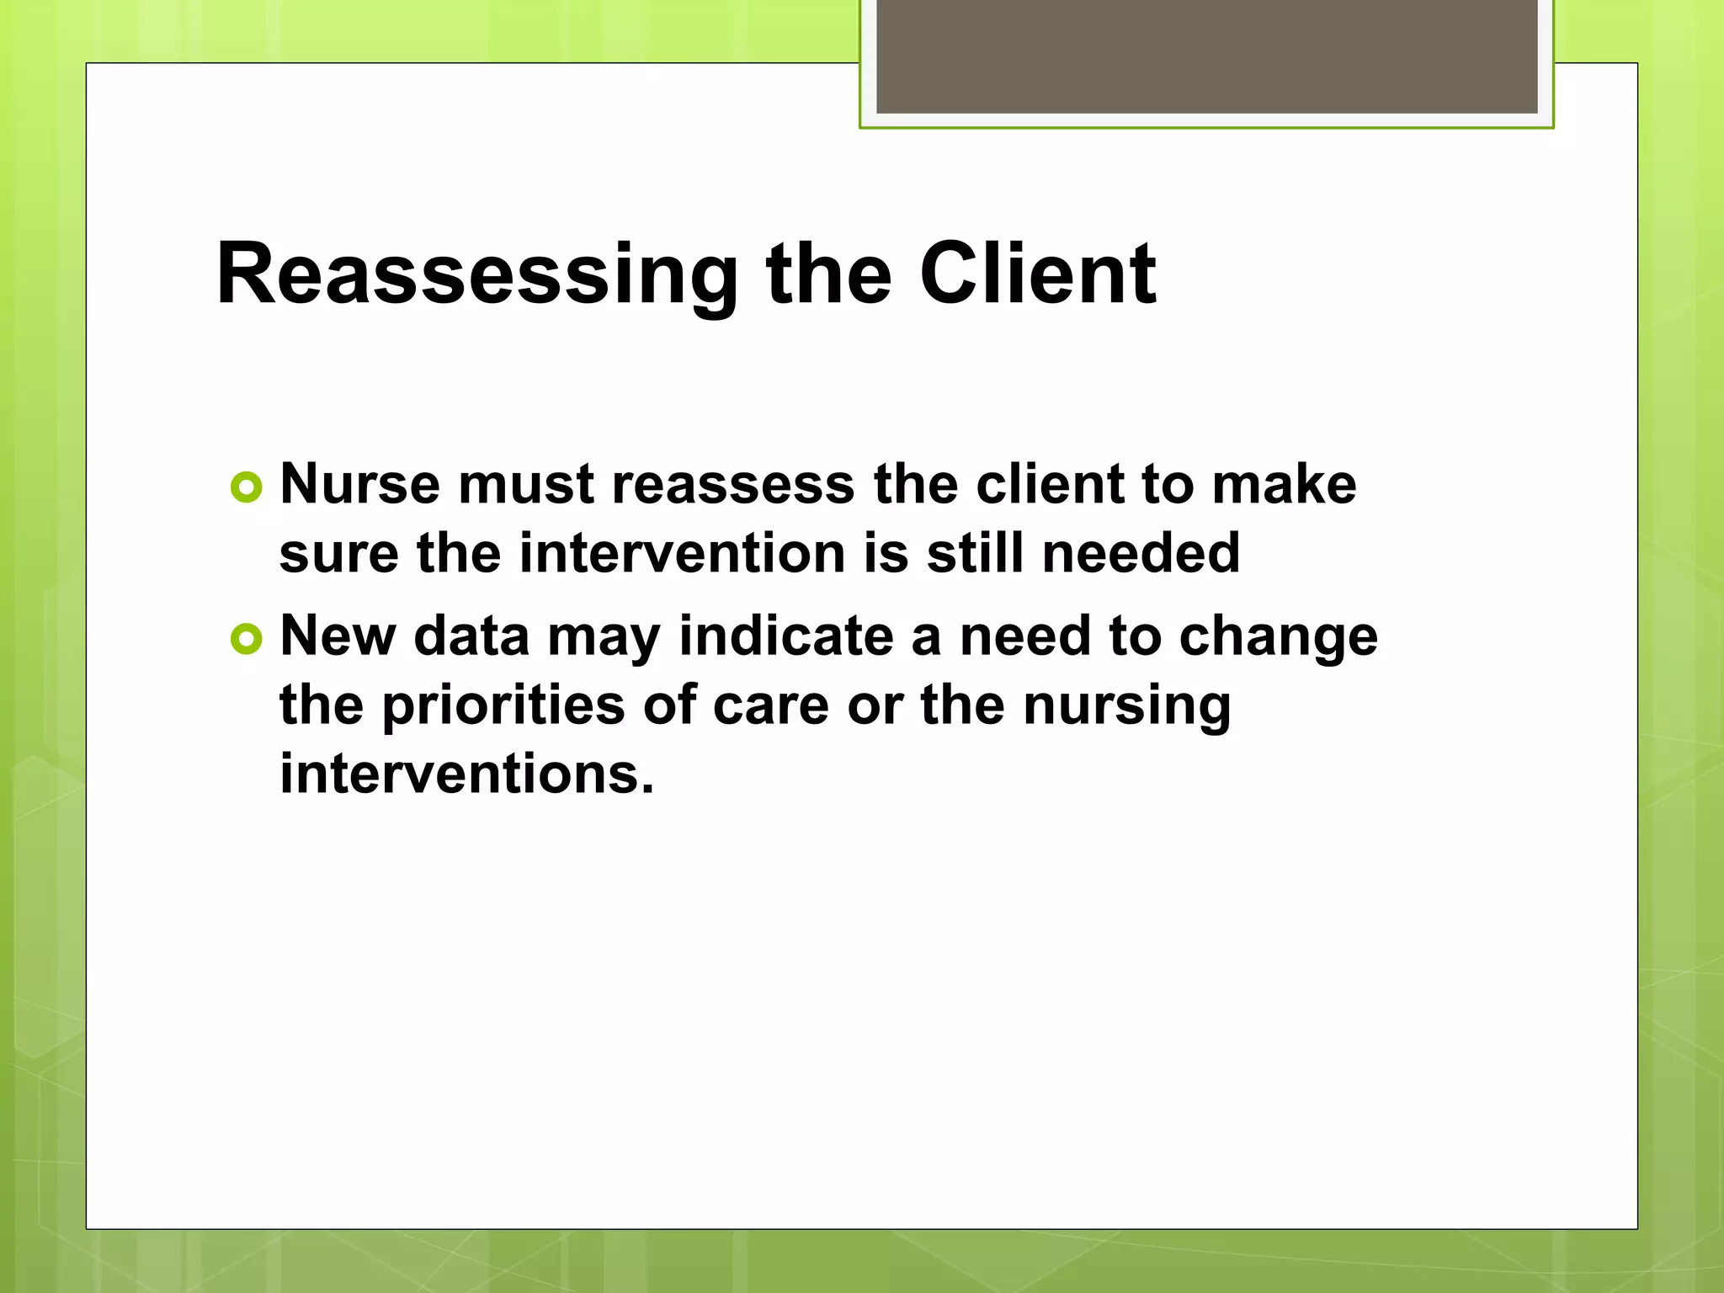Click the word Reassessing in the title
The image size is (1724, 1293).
pyautogui.click(x=476, y=275)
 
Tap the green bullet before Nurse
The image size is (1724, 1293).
pyautogui.click(x=246, y=487)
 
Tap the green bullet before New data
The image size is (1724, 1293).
pyautogui.click(x=246, y=640)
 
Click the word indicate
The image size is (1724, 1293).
pyautogui.click(x=785, y=636)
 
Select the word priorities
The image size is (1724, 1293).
pyautogui.click(x=503, y=705)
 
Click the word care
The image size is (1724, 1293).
pyautogui.click(x=770, y=705)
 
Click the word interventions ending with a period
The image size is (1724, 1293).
pyautogui.click(x=466, y=774)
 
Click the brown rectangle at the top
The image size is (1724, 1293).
pyautogui.click(x=1206, y=56)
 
